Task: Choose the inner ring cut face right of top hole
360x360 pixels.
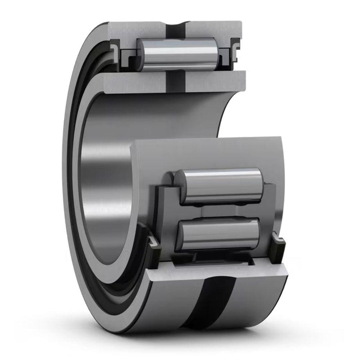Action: tap(216, 81)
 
